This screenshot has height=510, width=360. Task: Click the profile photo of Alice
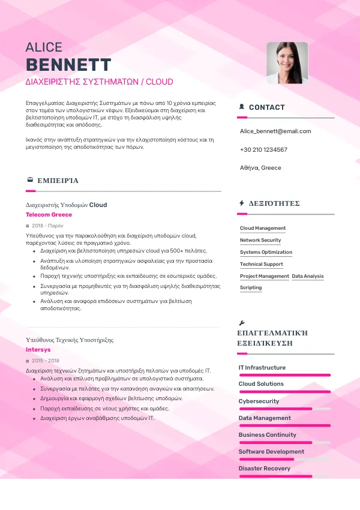287,62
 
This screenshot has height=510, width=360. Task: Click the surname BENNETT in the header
68,65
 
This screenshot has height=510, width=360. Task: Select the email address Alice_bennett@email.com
275,131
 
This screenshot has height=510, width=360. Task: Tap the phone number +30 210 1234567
263,149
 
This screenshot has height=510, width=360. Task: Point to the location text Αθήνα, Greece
260,168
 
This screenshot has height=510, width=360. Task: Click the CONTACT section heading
266,107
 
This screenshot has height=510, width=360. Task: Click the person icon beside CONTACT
241,107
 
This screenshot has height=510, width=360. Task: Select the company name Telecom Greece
49,215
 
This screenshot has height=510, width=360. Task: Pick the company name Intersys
38,349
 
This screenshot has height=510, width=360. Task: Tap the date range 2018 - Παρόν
47,226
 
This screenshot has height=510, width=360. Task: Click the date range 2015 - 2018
46,361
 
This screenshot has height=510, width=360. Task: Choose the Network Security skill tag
260,240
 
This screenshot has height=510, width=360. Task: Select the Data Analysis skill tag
308,276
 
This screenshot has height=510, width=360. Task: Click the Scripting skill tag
251,288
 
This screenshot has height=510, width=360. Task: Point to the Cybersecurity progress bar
284,409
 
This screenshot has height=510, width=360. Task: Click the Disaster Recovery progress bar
284,476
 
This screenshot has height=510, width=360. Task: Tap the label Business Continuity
267,435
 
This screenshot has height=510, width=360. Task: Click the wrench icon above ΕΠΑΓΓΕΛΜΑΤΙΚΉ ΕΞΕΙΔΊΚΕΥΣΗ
241,322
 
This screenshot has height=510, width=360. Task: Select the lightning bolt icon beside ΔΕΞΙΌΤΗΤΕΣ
241,203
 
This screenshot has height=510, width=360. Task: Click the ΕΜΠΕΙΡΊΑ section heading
58,180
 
